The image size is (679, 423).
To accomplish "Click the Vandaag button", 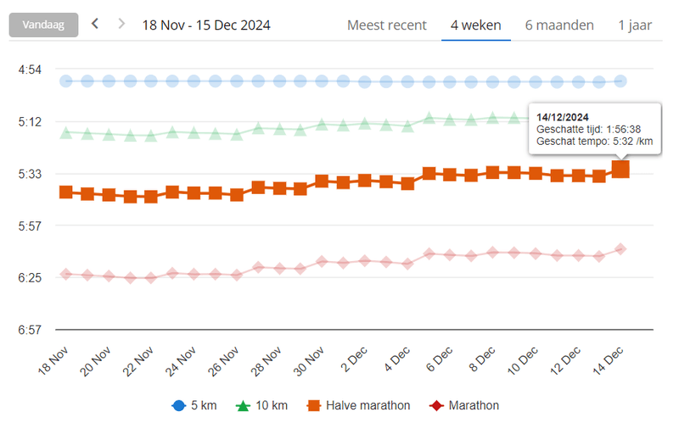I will (43, 25).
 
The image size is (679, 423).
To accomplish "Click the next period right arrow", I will (121, 24).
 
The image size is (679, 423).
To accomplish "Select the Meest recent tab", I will (387, 25).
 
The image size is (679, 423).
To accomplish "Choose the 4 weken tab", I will (475, 25).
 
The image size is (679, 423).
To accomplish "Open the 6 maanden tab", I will (559, 25).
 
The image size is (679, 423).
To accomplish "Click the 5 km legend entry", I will (194, 405).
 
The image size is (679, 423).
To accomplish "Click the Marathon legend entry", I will (465, 405).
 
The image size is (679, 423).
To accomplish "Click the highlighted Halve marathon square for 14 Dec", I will (620, 170).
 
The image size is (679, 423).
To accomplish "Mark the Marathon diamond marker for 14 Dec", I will (620, 249).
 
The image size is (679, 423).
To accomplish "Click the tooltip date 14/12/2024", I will (563, 117).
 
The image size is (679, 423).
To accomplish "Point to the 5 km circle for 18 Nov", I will (66, 81).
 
